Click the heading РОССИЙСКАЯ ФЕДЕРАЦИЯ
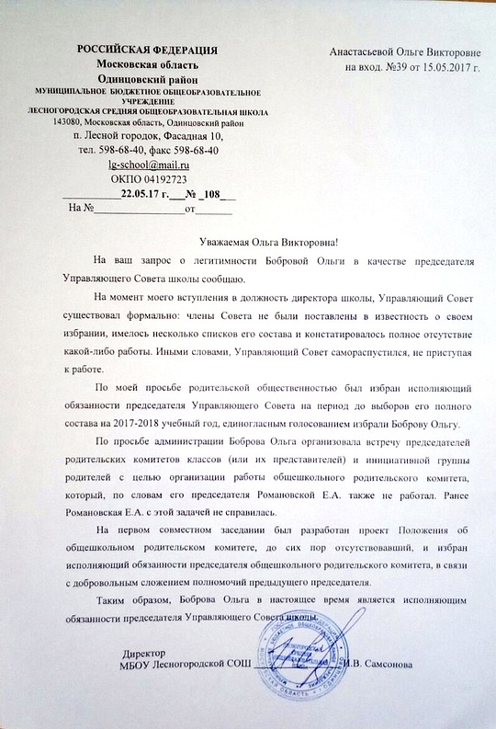coord(146,50)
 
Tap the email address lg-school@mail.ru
coord(146,165)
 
